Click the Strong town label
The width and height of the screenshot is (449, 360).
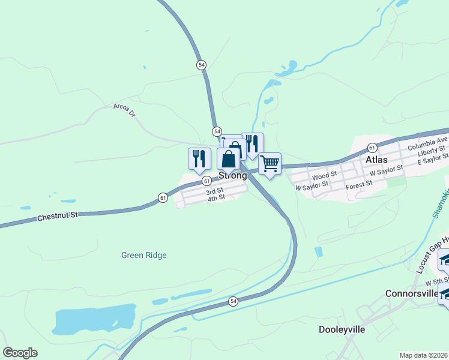232,176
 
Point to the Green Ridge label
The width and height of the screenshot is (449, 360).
143,255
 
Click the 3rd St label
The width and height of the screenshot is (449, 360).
214,192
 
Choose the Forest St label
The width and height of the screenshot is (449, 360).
360,182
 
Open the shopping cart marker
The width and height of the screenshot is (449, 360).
270,163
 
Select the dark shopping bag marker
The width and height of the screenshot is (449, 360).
228,159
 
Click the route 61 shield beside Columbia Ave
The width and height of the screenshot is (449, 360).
372,147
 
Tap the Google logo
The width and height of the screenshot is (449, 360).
20,353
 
